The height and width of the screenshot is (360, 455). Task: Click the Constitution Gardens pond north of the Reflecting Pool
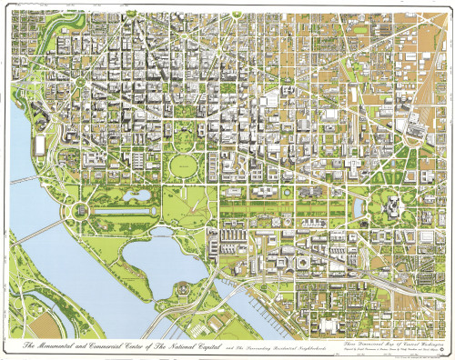[116, 195]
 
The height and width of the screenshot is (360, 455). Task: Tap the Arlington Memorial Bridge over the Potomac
[36, 228]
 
